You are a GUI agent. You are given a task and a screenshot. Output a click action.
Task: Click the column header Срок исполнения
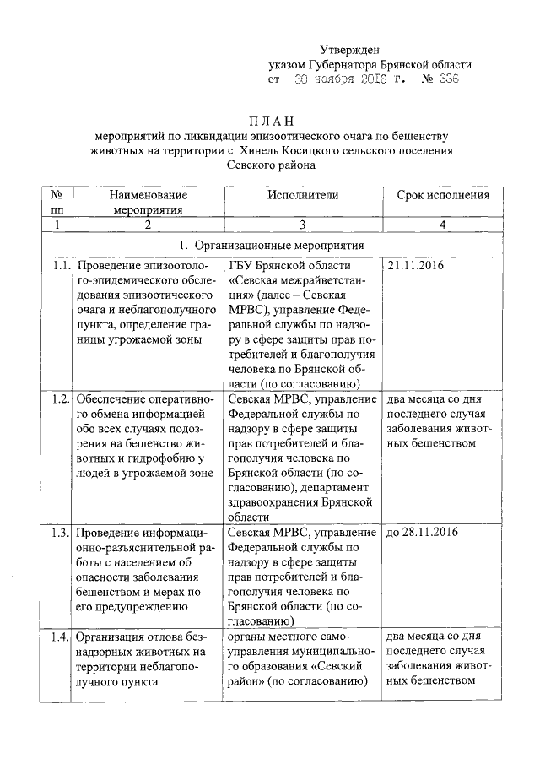click(x=442, y=195)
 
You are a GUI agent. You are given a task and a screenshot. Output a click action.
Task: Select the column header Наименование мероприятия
click(x=147, y=202)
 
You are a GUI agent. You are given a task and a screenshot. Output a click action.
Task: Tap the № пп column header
click(x=57, y=202)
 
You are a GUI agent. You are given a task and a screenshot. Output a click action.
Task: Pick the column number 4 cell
click(x=442, y=225)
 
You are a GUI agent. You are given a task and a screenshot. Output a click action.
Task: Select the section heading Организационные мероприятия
click(x=278, y=244)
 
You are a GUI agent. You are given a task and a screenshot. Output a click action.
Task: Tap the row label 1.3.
click(x=58, y=532)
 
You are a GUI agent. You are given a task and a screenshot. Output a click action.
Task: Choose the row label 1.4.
click(x=58, y=636)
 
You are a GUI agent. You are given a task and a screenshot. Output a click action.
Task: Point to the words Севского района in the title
click(x=269, y=165)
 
